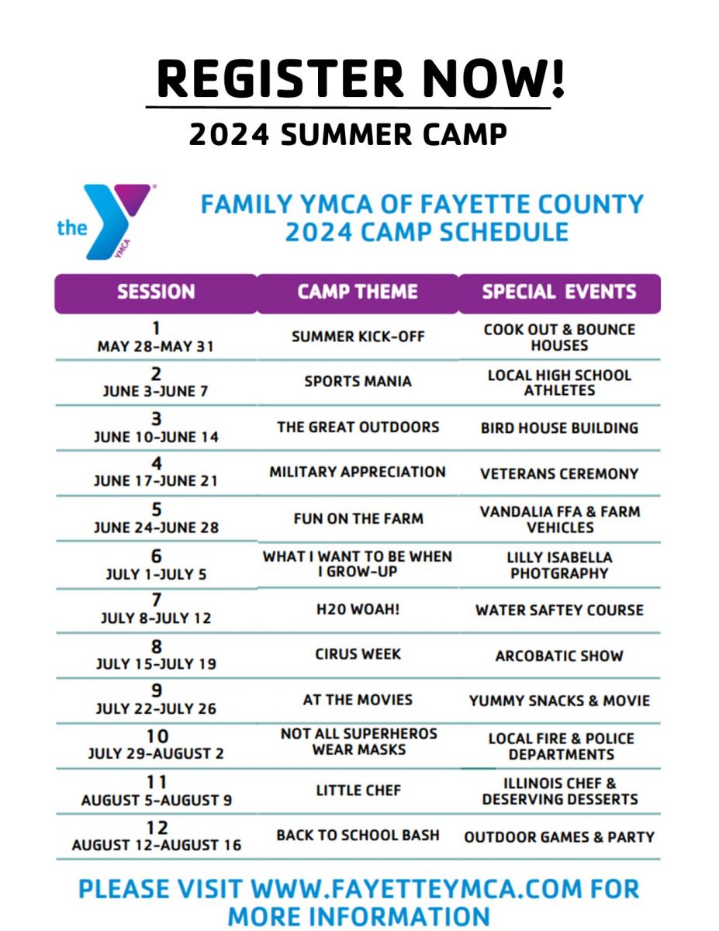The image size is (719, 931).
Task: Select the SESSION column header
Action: (x=156, y=292)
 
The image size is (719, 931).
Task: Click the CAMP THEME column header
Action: (x=358, y=292)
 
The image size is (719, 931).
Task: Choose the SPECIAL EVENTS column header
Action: (x=559, y=292)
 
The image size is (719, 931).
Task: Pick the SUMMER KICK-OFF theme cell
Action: (x=358, y=337)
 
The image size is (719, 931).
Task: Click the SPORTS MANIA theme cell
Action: (x=358, y=382)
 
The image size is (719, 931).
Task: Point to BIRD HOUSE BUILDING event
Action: (x=559, y=427)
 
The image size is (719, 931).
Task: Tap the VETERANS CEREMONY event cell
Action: (x=559, y=473)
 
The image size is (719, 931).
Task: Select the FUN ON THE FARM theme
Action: (x=358, y=518)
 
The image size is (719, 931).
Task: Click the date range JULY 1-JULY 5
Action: (x=157, y=575)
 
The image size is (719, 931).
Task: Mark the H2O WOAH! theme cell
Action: (x=358, y=610)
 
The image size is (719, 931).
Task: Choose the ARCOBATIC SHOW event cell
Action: (x=559, y=656)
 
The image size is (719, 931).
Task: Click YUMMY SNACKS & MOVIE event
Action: (x=559, y=701)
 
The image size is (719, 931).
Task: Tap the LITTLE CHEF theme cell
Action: (x=358, y=791)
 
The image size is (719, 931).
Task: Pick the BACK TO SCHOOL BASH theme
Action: (x=358, y=836)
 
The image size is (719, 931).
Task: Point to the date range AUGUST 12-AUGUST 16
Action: (x=157, y=845)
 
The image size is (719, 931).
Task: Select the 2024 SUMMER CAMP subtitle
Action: (x=348, y=135)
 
